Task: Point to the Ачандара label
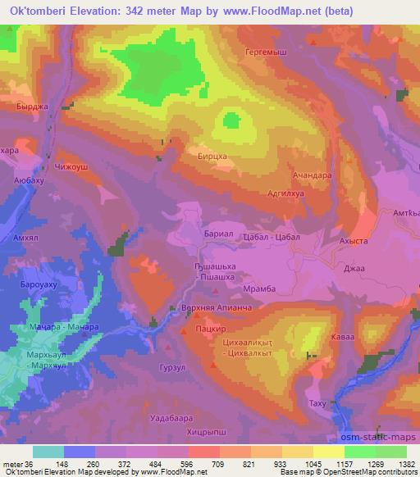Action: pyautogui.click(x=312, y=175)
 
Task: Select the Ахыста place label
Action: pyautogui.click(x=354, y=243)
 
